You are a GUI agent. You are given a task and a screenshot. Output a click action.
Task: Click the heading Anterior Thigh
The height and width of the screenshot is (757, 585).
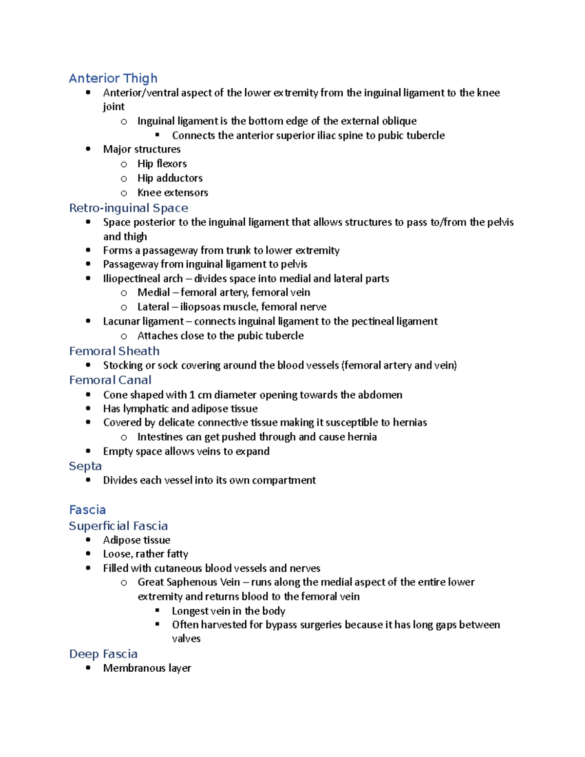click(x=113, y=78)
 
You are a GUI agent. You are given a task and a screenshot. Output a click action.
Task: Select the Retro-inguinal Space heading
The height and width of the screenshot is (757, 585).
click(x=129, y=208)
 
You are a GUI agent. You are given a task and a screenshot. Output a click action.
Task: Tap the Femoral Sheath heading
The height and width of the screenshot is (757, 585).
click(x=114, y=351)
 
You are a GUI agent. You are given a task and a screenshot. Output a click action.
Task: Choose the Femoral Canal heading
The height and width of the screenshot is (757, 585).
click(x=110, y=380)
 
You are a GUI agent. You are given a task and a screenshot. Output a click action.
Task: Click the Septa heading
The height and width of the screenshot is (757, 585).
click(x=85, y=466)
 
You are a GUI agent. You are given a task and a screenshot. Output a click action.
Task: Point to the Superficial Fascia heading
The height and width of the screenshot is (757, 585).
click(x=118, y=526)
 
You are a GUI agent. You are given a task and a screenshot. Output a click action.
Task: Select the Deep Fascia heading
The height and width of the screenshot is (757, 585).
click(x=103, y=654)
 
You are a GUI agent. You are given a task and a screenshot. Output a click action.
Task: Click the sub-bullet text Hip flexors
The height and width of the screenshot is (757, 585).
click(x=162, y=164)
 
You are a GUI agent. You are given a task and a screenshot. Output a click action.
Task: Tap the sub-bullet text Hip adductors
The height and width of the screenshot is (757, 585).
click(x=170, y=178)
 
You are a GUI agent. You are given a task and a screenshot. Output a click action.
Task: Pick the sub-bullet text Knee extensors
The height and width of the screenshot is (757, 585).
click(x=173, y=193)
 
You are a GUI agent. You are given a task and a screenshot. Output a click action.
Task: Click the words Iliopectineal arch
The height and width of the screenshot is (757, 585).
click(x=143, y=279)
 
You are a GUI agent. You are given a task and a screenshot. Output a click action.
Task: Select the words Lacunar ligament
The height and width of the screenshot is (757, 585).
click(x=143, y=322)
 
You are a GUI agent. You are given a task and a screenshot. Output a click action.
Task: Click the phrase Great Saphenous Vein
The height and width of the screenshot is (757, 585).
click(x=189, y=582)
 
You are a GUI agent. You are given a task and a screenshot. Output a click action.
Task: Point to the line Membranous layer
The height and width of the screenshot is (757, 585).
click(x=147, y=668)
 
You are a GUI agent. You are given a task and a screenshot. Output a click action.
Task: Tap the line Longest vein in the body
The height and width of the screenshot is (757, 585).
click(x=228, y=611)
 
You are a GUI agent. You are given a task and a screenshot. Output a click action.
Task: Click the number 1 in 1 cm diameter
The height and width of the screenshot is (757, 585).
click(x=192, y=395)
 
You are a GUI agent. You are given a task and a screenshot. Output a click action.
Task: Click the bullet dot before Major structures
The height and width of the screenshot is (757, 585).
click(x=88, y=149)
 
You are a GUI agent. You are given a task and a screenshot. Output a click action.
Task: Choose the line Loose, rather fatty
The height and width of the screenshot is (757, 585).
click(x=145, y=554)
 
